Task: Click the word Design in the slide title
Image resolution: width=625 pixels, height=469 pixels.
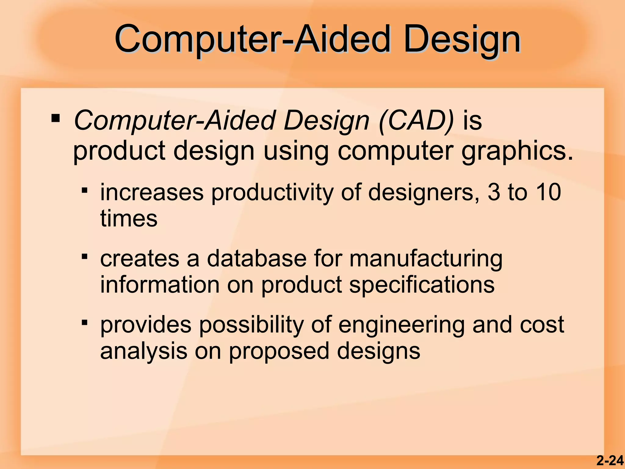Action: tap(462, 40)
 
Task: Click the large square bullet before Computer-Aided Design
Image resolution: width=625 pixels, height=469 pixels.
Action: tap(56, 118)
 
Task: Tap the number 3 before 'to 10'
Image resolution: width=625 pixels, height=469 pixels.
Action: tap(494, 192)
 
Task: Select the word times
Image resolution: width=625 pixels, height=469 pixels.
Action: tap(129, 218)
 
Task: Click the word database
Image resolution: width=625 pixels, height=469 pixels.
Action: tap(256, 258)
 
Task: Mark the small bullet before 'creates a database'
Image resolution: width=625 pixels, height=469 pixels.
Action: tap(85, 257)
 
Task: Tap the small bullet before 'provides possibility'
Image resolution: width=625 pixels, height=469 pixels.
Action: tap(85, 323)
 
